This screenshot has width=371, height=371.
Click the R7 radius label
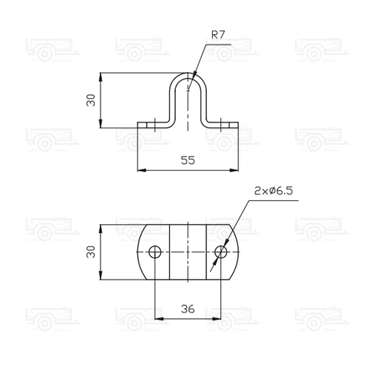click(x=219, y=35)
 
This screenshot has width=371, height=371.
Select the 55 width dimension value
click(x=189, y=160)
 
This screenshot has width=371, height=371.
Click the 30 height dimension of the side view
click(x=91, y=100)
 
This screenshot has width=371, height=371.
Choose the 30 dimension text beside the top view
click(x=91, y=252)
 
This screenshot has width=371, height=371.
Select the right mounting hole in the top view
click(x=220, y=252)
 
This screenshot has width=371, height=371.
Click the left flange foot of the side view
click(x=152, y=125)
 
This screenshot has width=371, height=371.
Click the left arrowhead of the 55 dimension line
click(x=141, y=171)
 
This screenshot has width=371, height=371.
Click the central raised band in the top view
click(x=188, y=252)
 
